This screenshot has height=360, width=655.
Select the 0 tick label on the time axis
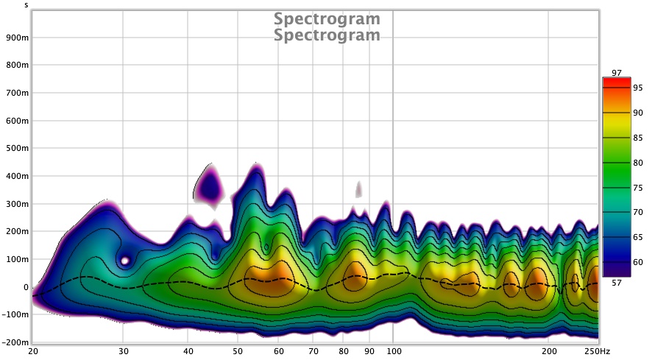pos(25,287)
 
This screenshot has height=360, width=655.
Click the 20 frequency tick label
pos(33,351)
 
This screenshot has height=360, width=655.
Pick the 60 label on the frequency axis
pos(279,351)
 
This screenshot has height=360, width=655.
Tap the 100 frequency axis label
pos(393,351)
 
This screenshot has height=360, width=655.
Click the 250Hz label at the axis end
pos(589,351)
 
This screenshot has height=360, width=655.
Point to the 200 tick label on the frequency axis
pos(548,351)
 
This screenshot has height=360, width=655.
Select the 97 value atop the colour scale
pos(617,72)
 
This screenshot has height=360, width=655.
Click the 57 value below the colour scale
pos(617,282)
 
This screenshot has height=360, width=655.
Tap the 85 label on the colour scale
pos(638,138)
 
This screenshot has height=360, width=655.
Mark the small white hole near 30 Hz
pos(125,260)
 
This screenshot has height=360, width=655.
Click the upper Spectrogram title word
pos(327,18)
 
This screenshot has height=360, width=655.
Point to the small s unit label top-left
pos(26,4)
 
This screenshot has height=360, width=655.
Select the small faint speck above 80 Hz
pos(358,189)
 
